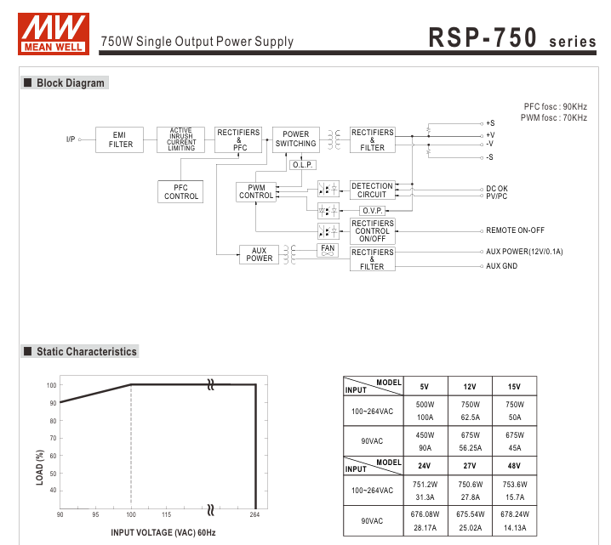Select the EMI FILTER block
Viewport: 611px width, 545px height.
(x=121, y=139)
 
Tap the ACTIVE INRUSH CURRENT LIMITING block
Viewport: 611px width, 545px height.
(x=180, y=139)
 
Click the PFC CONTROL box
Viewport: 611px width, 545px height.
(x=180, y=192)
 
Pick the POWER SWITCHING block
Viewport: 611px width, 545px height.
(x=295, y=139)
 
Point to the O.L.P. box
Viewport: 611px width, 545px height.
(x=303, y=165)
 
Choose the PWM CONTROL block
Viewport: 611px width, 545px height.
(x=256, y=191)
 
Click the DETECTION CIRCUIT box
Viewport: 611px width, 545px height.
(x=372, y=190)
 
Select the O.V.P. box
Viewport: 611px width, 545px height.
(x=372, y=210)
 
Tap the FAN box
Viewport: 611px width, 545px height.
(x=328, y=249)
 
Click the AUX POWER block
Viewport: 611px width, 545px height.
(x=260, y=254)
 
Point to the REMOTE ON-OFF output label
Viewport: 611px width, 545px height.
(x=515, y=230)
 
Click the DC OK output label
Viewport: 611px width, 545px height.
(x=497, y=189)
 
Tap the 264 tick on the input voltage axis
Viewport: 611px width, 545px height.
(x=255, y=515)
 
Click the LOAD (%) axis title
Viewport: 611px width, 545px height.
(x=39, y=468)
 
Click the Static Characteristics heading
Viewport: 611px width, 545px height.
(x=86, y=351)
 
